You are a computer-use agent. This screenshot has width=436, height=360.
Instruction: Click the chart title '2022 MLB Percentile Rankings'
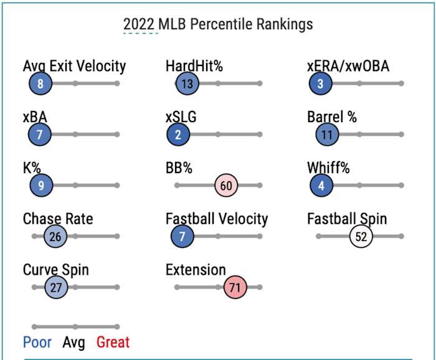(x=217, y=24)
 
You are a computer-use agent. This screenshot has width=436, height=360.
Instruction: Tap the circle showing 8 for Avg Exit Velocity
(x=40, y=83)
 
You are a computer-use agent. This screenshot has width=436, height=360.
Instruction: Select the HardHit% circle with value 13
(x=186, y=83)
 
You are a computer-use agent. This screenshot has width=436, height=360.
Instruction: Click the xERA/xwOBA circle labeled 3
(x=320, y=83)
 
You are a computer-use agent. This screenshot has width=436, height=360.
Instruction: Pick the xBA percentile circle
(x=40, y=135)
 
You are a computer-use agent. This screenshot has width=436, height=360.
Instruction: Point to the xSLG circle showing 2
(x=178, y=135)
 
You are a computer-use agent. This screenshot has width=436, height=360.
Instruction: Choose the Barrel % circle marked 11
(x=326, y=135)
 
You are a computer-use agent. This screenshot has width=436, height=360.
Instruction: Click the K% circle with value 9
(x=41, y=185)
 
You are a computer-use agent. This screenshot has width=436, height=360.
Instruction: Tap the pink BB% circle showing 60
(x=227, y=186)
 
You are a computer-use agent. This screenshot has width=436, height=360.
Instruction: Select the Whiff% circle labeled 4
(x=321, y=185)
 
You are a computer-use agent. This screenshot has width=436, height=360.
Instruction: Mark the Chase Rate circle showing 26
(x=55, y=237)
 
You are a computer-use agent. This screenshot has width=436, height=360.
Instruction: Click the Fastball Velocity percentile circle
(x=182, y=237)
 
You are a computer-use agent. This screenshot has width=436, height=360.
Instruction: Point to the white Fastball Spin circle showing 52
(x=361, y=237)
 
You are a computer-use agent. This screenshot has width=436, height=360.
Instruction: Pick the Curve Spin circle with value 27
(x=56, y=288)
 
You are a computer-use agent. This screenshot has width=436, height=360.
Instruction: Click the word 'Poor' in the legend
(x=37, y=342)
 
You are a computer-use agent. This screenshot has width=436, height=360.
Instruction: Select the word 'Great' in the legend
(x=112, y=342)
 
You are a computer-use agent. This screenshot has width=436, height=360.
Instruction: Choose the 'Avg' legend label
(x=73, y=342)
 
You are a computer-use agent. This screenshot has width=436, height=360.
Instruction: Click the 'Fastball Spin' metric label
(x=346, y=219)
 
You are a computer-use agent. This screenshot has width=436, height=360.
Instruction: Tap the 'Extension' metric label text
(x=196, y=270)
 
